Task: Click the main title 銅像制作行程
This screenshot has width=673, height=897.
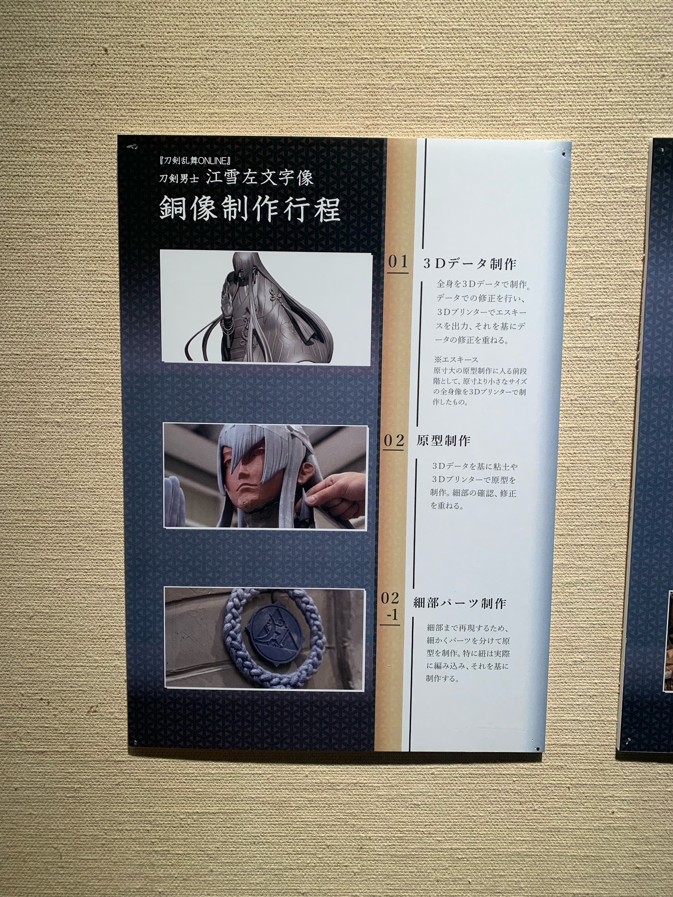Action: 250,208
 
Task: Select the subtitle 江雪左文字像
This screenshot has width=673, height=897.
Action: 260,178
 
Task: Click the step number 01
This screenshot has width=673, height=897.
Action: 398,262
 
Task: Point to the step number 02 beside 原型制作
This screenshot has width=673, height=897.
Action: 393,440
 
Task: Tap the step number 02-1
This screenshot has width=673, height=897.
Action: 390,607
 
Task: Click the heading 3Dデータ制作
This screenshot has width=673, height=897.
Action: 470,263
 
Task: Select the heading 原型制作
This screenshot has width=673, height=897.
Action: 443,441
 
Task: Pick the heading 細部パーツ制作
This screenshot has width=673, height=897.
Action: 460,604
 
